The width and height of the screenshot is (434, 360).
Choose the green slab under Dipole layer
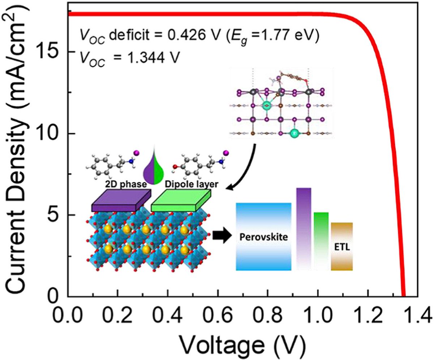tap(180, 202)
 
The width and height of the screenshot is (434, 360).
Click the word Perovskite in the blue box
tap(264, 238)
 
